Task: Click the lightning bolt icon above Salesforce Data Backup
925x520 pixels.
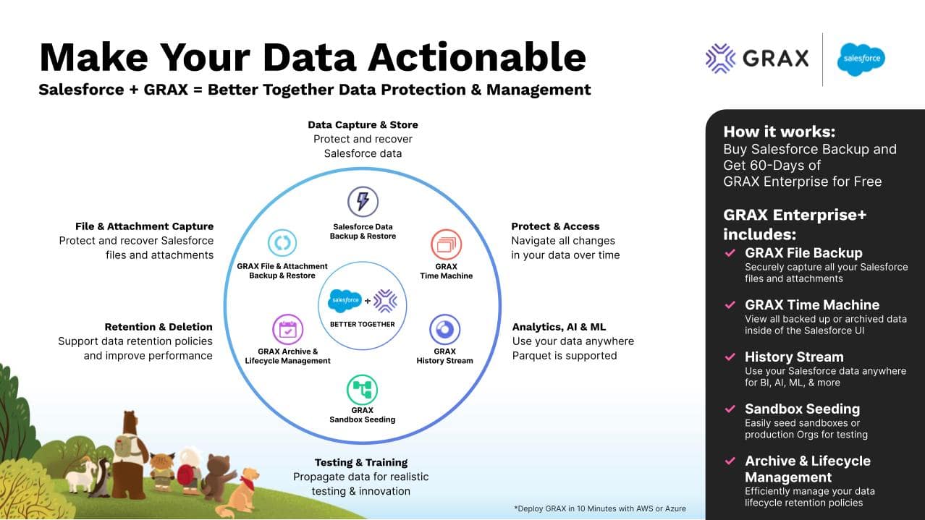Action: pos(363,202)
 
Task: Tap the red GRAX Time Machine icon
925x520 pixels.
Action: pos(446,244)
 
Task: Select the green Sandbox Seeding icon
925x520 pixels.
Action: pos(362,390)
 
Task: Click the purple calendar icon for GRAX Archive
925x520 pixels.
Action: pos(288,330)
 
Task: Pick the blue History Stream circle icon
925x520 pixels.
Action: pos(444,329)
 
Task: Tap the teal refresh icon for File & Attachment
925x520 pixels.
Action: pos(282,243)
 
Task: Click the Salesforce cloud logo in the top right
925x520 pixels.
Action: pos(861,59)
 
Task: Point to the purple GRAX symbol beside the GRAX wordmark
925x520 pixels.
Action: pos(720,58)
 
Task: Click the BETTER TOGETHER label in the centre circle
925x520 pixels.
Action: pos(362,325)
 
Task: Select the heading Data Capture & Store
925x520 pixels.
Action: pos(363,124)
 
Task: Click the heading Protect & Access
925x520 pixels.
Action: pos(555,226)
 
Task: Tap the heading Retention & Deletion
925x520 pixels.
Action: pos(159,327)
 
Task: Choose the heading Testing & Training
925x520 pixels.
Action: pos(361,462)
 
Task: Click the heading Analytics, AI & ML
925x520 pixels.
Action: pos(559,327)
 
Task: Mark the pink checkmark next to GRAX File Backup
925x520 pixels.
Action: pos(730,252)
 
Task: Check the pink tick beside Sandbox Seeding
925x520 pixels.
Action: pos(730,409)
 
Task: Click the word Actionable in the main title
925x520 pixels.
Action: pos(477,57)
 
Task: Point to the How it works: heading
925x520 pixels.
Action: pos(780,132)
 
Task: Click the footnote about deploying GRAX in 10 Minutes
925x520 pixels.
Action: pos(600,508)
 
